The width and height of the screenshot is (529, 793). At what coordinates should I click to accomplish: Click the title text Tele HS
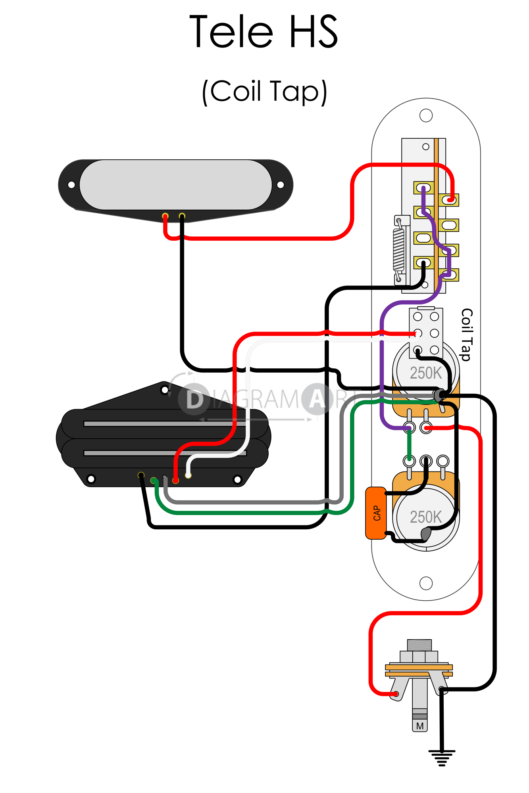pos(264,32)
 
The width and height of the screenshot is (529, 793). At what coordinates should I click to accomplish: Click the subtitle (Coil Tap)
pos(265,92)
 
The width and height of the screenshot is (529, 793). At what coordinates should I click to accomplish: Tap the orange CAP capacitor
pos(376,513)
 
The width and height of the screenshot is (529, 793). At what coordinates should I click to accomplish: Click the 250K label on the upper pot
pos(425,373)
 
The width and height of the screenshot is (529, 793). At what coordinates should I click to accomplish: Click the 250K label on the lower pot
pos(425,517)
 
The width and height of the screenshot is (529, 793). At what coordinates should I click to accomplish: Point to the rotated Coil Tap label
pos(467,335)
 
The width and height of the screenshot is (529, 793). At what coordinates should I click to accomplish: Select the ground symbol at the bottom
pos(442,758)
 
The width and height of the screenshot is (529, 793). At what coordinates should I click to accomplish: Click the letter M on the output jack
pos(420,726)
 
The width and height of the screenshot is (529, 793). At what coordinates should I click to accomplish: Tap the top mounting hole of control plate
pos(426,116)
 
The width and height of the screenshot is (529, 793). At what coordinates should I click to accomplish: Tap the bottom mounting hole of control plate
pos(426,583)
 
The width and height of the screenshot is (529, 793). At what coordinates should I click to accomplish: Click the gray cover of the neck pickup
pos(175,185)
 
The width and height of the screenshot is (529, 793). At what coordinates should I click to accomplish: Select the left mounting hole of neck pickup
pos(71,185)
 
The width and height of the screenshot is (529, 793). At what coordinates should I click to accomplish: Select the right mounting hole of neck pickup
pos(280,185)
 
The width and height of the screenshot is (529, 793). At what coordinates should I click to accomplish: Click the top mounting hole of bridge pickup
pos(164,390)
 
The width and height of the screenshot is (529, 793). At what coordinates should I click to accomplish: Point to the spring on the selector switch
pos(398,250)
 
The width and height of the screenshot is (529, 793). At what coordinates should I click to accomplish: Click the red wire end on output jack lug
pos(396,694)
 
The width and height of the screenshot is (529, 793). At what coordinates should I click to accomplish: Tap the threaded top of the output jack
pos(419,645)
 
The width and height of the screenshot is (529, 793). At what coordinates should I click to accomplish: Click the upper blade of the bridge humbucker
pos(159,424)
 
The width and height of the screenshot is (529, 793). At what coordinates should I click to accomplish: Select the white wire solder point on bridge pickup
pos(188,475)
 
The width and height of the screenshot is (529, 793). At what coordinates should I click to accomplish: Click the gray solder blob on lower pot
pos(426,534)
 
